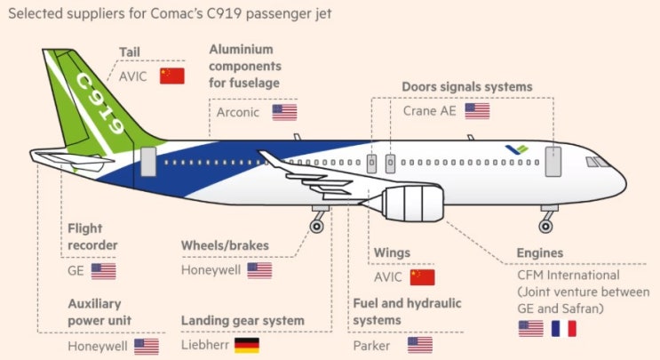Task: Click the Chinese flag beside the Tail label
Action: point(171,76)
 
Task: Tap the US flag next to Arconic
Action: point(284,112)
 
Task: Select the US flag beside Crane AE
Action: point(477,111)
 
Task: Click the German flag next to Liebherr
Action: point(246,345)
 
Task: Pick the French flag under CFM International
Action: point(563,328)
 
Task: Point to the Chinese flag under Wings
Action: point(422,276)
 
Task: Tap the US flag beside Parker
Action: point(419,345)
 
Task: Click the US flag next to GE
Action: point(103,271)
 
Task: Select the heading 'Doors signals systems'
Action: point(466,87)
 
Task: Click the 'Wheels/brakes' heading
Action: point(225,245)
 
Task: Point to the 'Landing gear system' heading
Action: point(243,320)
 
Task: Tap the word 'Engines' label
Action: point(539,253)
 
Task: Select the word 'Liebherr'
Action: point(203,345)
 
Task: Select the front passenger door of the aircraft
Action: point(554,162)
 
